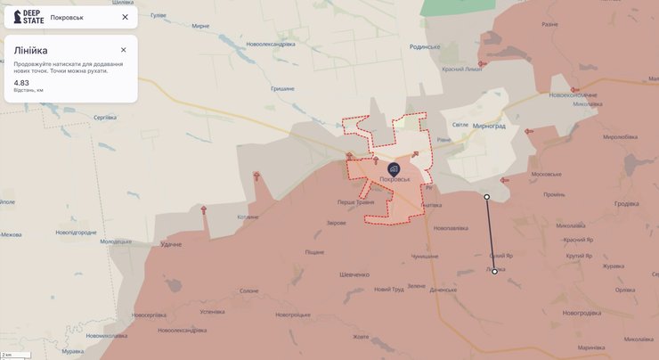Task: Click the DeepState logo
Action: [x=28, y=17]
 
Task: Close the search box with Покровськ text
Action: [x=125, y=17]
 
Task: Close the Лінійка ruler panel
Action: [x=124, y=50]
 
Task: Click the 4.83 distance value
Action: [x=20, y=83]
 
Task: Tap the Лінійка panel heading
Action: [x=31, y=51]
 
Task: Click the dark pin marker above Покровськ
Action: [x=394, y=167]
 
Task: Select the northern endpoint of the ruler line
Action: [x=486, y=196]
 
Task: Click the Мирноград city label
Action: [x=489, y=126]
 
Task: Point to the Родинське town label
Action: [x=426, y=47]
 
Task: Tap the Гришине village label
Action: [x=282, y=88]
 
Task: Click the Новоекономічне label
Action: [x=573, y=95]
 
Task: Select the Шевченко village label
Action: [x=354, y=274]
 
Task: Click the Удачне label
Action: [x=170, y=244]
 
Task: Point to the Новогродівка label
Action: [x=582, y=312]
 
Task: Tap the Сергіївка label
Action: [x=105, y=118]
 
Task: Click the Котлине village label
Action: [x=248, y=217]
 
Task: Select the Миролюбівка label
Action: [x=620, y=136]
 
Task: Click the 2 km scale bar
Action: [x=16, y=355]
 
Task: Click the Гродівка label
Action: [x=626, y=203]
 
